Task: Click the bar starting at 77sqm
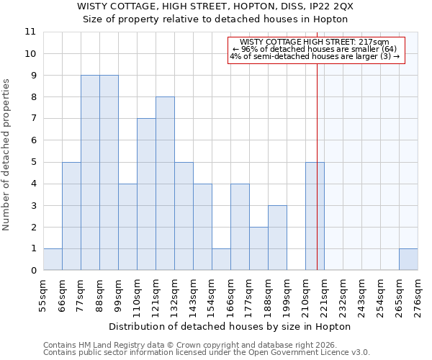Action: pyautogui.click(x=90, y=173)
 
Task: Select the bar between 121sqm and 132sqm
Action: pyautogui.click(x=165, y=184)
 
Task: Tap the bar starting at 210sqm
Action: pyautogui.click(x=315, y=216)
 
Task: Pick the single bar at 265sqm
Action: pyautogui.click(x=408, y=259)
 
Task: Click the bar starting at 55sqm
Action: pyautogui.click(x=53, y=259)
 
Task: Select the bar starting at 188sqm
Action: pyautogui.click(x=277, y=238)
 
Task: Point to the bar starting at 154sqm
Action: pyautogui.click(x=221, y=259)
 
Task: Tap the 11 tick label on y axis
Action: pyautogui.click(x=30, y=32)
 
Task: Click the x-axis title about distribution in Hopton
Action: pyautogui.click(x=230, y=326)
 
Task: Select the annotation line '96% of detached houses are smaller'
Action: pyautogui.click(x=316, y=49)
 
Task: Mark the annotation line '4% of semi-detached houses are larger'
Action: pyautogui.click(x=316, y=56)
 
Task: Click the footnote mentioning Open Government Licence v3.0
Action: pyautogui.click(x=206, y=352)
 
